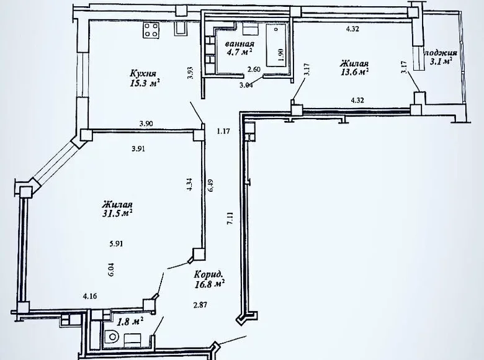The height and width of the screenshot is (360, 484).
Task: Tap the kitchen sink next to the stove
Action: (181, 29)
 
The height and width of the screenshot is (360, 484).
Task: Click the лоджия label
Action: (441, 53)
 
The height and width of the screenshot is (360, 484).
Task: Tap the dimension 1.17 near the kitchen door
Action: (222, 131)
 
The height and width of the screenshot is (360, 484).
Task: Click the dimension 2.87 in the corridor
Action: (200, 305)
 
